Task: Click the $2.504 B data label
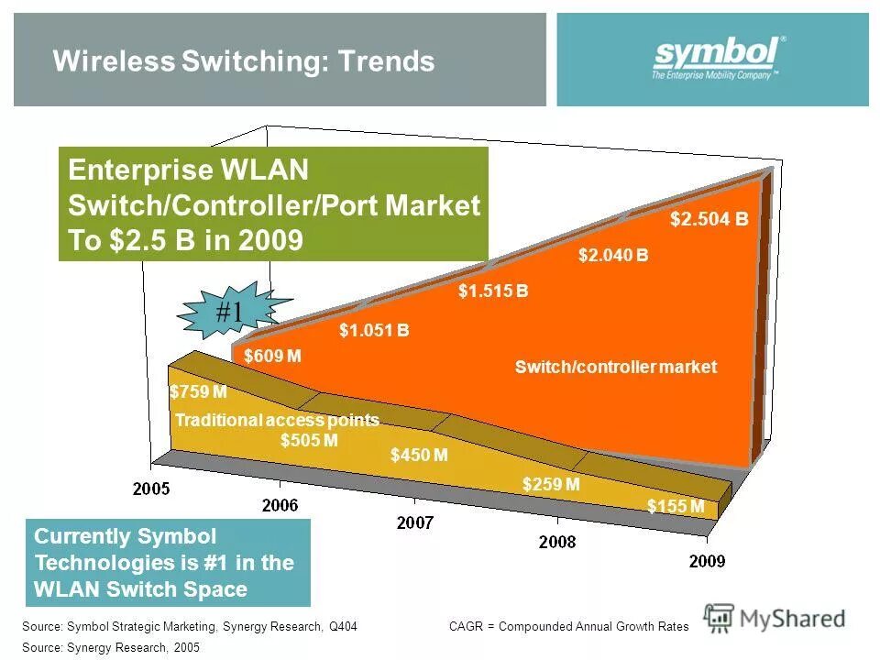(x=709, y=220)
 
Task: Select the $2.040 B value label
(x=613, y=256)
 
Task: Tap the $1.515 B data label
(x=493, y=291)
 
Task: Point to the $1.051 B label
(x=374, y=331)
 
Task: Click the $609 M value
(x=273, y=356)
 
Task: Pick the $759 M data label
(x=198, y=392)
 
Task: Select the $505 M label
(x=309, y=440)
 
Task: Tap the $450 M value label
(x=419, y=455)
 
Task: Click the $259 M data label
(x=551, y=484)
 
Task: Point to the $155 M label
(x=676, y=506)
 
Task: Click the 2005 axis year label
(x=151, y=489)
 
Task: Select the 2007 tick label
(x=416, y=522)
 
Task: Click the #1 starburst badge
(x=229, y=313)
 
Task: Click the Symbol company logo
(x=718, y=59)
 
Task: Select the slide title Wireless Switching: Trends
(x=244, y=61)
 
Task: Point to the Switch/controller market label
(x=616, y=367)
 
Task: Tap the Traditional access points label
(x=277, y=420)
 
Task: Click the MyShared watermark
(x=775, y=619)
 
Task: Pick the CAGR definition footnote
(x=568, y=626)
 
